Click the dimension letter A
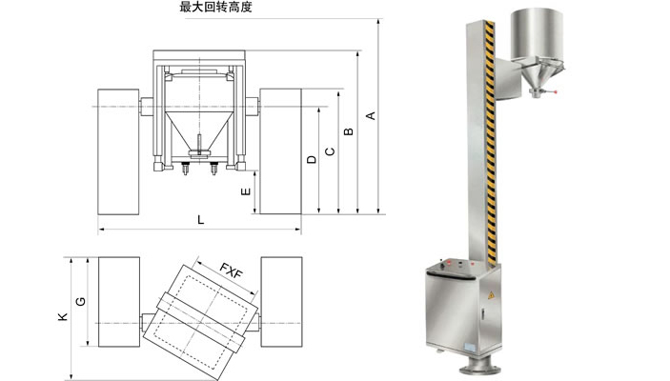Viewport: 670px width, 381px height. (373, 116)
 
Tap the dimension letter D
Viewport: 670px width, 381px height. (311, 160)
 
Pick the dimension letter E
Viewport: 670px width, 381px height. (247, 192)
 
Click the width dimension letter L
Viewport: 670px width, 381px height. (200, 220)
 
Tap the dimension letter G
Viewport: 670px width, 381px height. (81, 302)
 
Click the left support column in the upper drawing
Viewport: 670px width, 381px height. (117, 151)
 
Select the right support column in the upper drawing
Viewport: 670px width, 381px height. (281, 151)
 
